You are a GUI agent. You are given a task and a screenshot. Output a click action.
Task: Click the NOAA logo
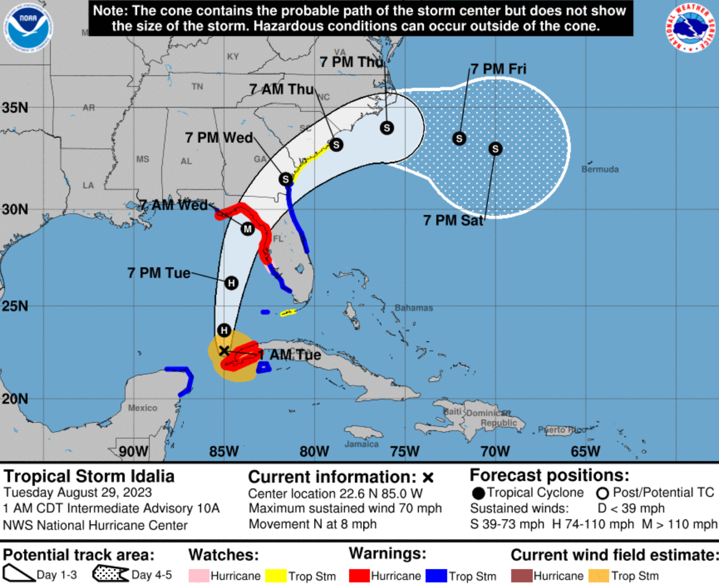28,28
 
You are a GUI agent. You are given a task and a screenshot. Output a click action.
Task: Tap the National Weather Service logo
691,28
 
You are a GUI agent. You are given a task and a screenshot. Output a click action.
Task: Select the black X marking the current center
224,351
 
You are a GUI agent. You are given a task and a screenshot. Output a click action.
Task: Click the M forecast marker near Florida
247,228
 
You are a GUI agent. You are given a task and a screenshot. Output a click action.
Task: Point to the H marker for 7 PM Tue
231,283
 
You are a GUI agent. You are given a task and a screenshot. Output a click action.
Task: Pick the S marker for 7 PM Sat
495,149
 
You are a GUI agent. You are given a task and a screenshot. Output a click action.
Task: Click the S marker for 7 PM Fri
459,138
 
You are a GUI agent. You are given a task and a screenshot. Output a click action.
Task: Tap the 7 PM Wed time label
219,138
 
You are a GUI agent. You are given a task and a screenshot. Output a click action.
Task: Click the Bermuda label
600,169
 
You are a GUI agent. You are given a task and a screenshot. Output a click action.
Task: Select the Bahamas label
414,308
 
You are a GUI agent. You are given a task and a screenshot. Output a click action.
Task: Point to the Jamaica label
361,444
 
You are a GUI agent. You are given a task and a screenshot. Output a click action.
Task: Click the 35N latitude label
15,108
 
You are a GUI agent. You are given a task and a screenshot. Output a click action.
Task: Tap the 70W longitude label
495,451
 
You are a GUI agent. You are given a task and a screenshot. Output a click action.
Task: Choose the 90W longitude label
134,451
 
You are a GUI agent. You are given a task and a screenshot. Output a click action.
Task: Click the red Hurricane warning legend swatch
359,576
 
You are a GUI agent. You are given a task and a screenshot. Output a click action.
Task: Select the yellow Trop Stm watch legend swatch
276,576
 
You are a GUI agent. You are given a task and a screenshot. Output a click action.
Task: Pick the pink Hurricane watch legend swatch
199,576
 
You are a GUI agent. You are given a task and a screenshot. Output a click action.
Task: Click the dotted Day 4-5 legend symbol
111,574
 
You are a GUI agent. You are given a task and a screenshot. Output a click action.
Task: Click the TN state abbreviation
197,87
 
